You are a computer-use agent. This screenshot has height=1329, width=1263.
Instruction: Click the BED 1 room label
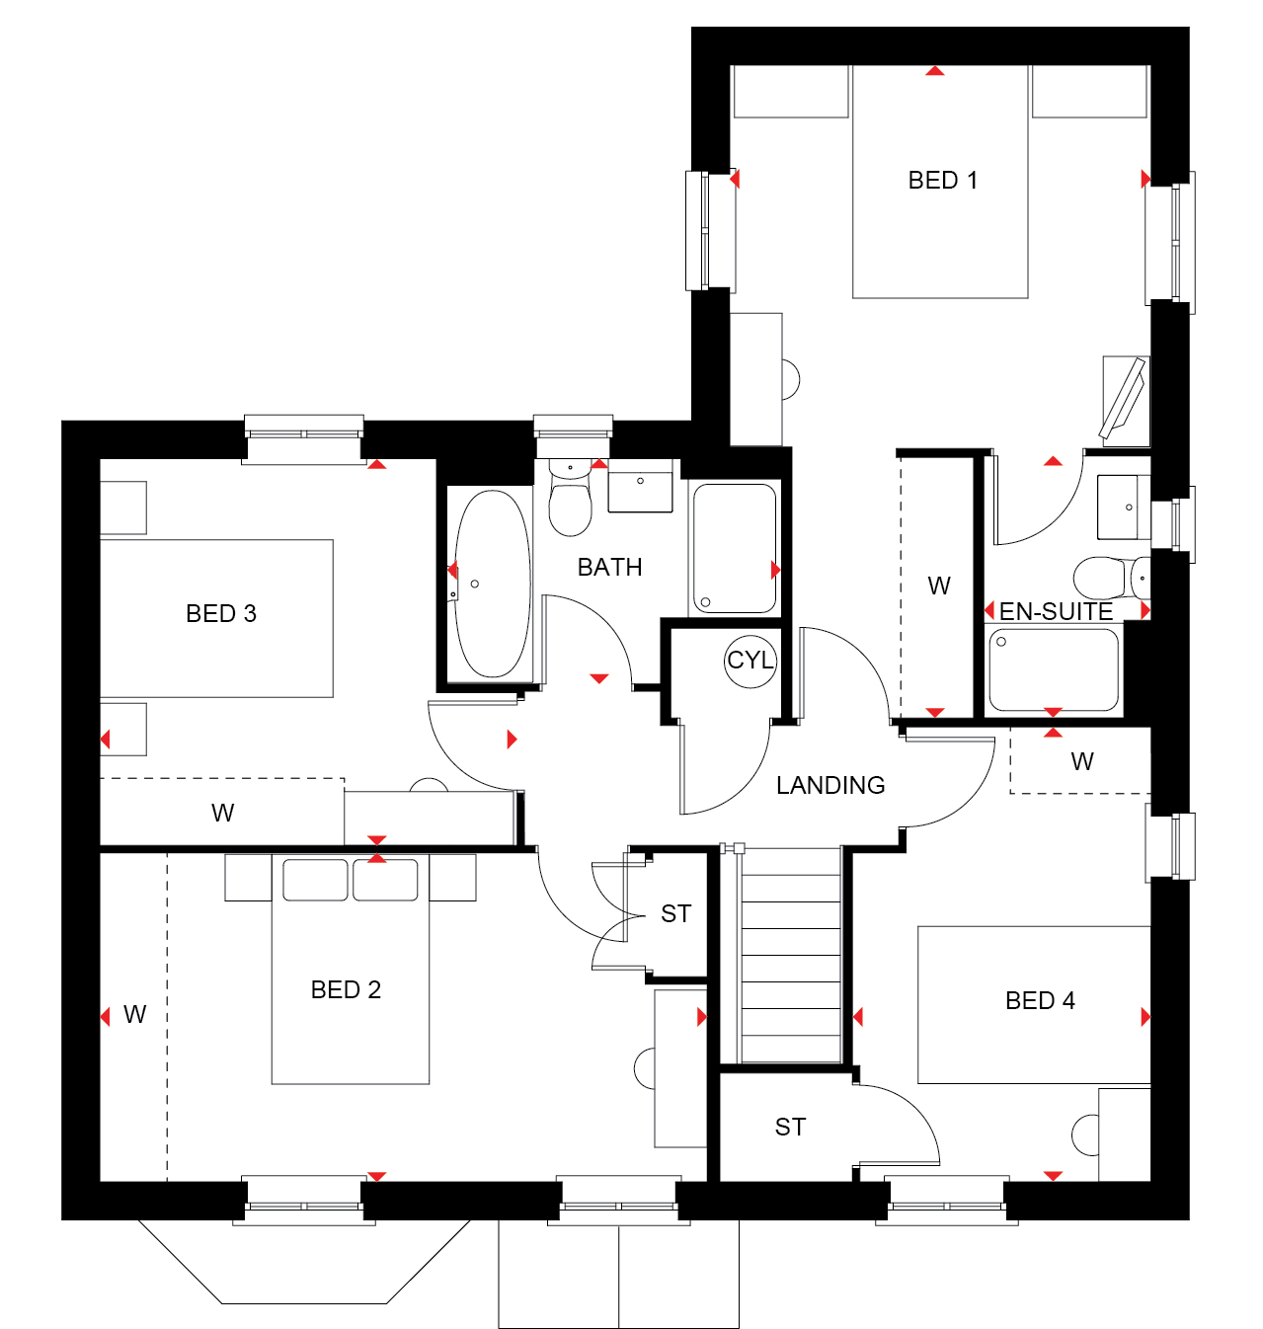[x=942, y=181]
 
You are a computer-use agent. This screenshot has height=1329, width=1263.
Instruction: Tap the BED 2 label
[x=346, y=989]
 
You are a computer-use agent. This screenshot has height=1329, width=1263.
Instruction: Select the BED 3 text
[x=221, y=614]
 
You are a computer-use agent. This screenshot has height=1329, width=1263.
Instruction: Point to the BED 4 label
[x=1040, y=1000]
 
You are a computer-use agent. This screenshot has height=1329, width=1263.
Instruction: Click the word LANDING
[x=830, y=786]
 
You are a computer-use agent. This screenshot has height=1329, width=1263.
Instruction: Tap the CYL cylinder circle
[x=750, y=660]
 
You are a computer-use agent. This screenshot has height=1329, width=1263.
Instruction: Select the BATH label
[x=610, y=567]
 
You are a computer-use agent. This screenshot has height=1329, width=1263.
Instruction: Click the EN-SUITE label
[x=1056, y=612]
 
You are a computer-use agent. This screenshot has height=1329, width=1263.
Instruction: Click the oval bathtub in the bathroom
[x=492, y=584]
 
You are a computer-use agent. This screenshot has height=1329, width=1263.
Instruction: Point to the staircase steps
[x=791, y=955]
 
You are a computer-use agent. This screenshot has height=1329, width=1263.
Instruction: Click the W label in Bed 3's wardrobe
[x=222, y=813]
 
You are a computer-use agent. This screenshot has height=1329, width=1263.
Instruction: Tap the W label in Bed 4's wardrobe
[x=1082, y=762]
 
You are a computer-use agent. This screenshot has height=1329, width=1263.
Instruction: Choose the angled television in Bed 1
[x=1122, y=399]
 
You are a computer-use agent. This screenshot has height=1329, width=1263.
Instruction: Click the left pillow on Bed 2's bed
[x=315, y=880]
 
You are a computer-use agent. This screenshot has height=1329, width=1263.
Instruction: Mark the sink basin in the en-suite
[x=1124, y=507]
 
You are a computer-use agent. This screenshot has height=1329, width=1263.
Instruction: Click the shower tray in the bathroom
[x=735, y=548]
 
